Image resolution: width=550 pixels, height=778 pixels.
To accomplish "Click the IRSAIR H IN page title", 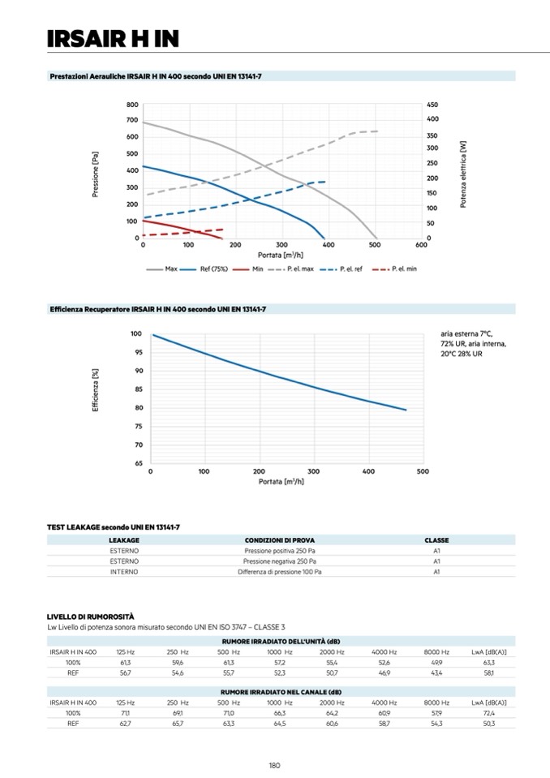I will pos(113,38).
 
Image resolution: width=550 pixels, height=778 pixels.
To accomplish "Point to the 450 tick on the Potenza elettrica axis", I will pos(432,105).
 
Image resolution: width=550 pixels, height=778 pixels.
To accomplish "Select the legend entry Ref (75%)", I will pos(213,269).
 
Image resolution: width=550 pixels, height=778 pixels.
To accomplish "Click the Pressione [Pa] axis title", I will pos(96,171).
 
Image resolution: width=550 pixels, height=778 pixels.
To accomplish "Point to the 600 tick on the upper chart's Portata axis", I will pos(421,244).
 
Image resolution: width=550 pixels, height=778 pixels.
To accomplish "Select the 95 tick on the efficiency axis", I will pos(137,352).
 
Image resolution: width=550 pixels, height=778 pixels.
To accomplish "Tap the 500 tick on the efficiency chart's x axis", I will pos(423,471).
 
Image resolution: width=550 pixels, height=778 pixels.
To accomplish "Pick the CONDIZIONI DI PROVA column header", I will pos(280,539).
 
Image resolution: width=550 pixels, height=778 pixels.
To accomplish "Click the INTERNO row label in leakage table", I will pos(124,571).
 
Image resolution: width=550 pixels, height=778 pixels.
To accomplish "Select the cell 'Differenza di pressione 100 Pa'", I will pos(280,571).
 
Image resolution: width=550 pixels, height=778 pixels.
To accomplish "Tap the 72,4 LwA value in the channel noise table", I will pos(488,711).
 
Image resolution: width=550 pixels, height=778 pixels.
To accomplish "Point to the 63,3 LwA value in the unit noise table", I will pos(488,662).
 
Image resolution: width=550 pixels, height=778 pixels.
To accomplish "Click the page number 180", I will pos(275,764).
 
